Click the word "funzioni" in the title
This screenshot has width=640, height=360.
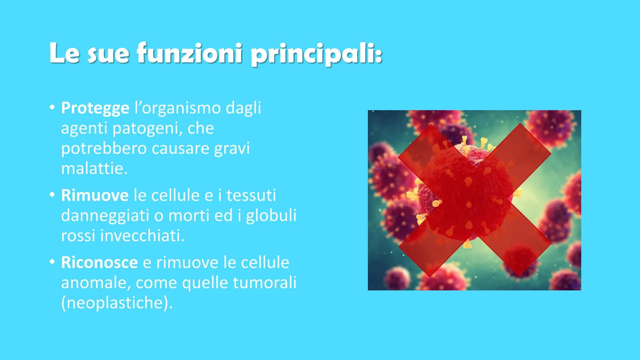click(x=189, y=53)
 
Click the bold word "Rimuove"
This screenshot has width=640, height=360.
click(x=95, y=196)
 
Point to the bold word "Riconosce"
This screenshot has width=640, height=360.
click(x=99, y=263)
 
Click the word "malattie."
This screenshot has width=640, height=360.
click(x=94, y=169)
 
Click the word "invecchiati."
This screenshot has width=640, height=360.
click(x=142, y=236)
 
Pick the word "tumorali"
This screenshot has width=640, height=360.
click(x=264, y=283)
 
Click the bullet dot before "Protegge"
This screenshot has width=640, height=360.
click(x=52, y=108)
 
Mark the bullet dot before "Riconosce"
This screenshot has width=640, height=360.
click(x=52, y=262)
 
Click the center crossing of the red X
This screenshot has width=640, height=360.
click(x=475, y=200)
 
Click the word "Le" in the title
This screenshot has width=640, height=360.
click(x=64, y=53)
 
